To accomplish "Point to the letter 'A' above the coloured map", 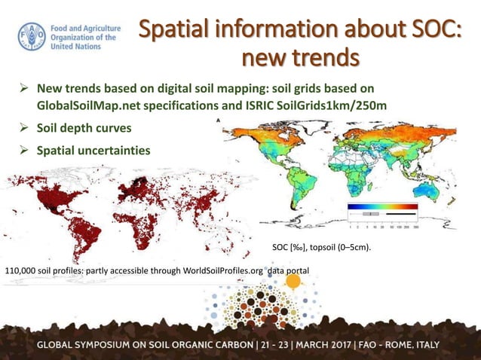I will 219,121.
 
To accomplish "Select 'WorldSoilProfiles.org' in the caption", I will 219,270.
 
